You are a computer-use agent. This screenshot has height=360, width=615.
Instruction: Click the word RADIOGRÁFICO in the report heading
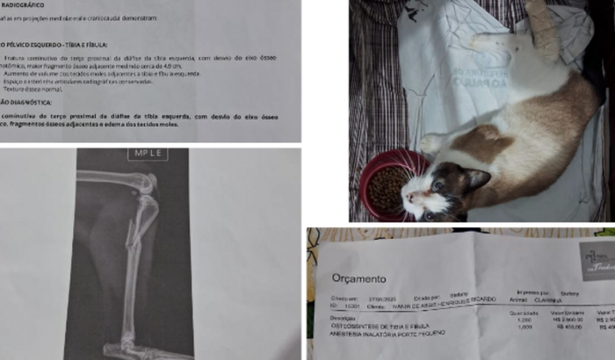point(23,4)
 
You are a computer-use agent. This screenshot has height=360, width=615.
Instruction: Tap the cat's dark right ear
point(475,179)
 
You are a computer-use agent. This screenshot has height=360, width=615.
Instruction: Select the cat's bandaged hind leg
point(546,26)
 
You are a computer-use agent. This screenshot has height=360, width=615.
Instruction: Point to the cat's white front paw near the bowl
point(430,142)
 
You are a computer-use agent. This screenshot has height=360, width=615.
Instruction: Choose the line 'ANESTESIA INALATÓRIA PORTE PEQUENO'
point(390,332)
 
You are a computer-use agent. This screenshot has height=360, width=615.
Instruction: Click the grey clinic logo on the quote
point(597,261)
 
